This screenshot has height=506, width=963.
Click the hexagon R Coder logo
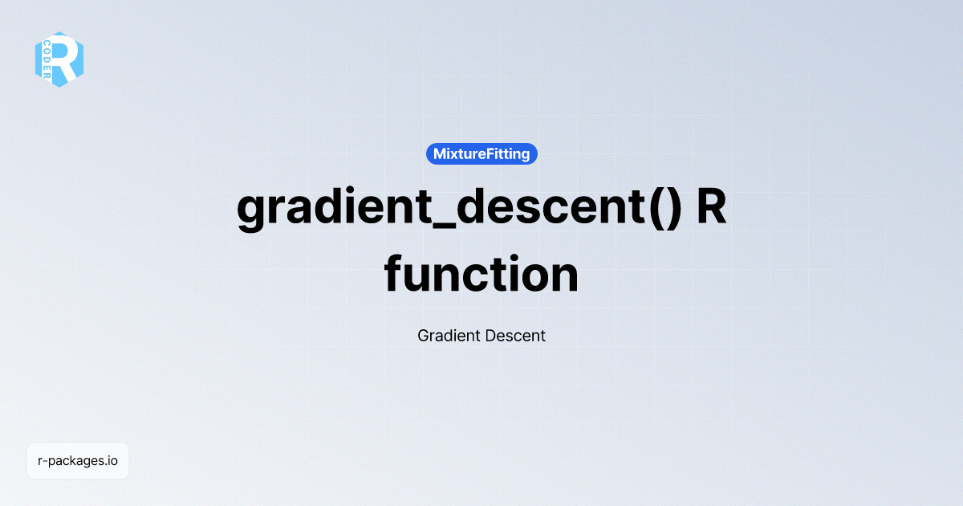59,59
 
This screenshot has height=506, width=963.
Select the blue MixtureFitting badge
481,154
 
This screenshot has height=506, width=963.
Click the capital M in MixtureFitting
440,154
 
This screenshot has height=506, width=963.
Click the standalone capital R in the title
711,208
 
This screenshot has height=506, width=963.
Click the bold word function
481,275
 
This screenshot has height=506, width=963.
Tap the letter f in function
395,273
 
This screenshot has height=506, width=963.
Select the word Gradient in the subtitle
448,336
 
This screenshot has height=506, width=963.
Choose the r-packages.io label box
78,461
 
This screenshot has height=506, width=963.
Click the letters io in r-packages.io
112,461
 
